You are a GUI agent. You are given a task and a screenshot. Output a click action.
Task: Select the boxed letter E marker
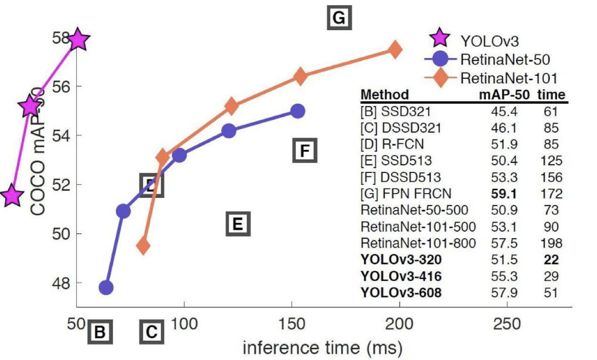point(238,224)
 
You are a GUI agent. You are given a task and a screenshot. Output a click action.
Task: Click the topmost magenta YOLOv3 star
point(78,41)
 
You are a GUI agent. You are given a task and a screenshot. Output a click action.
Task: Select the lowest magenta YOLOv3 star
point(13,196)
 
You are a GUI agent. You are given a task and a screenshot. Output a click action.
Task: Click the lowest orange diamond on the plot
point(143,245)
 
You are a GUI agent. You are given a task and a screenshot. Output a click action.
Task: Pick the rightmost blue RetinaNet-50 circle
point(298,111)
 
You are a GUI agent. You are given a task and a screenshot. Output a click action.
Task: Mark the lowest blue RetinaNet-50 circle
point(106,287)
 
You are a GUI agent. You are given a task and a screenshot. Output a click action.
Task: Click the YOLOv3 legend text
point(489,41)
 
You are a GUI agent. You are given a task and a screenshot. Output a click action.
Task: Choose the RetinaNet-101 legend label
point(505,77)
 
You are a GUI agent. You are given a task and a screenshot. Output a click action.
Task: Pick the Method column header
point(385,95)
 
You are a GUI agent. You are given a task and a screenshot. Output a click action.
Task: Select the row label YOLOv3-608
point(401,293)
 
